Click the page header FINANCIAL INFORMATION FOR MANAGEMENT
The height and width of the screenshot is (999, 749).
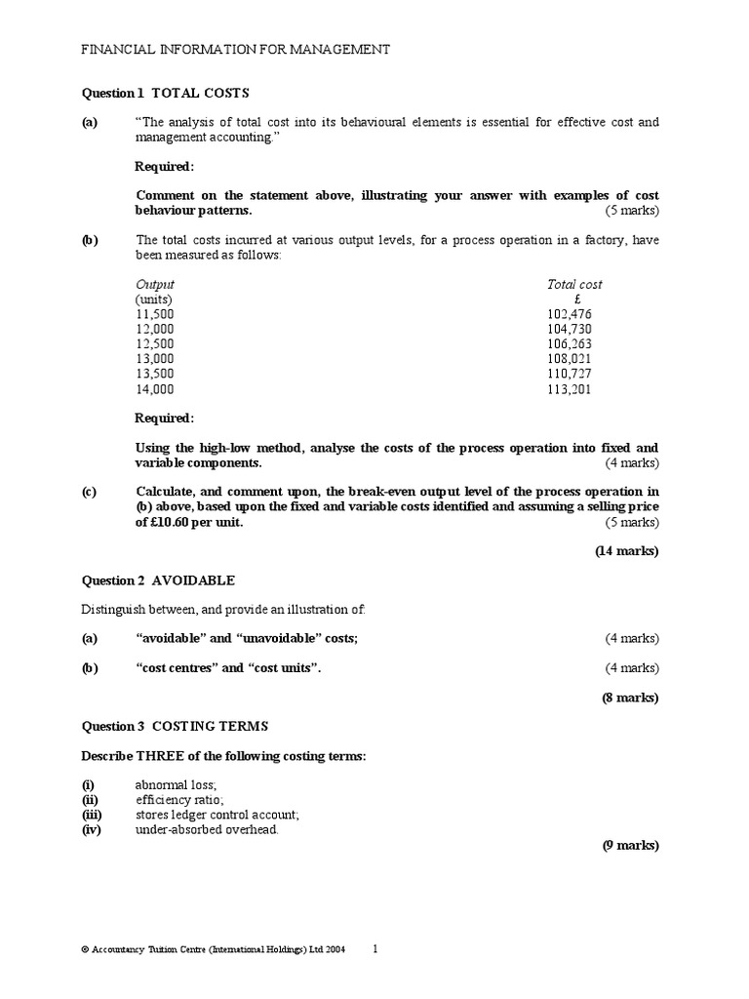[x=234, y=49]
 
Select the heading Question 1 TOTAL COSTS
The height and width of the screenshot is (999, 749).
[x=165, y=93]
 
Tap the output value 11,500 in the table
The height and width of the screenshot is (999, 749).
[x=155, y=314]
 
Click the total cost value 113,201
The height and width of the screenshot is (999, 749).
[x=571, y=388]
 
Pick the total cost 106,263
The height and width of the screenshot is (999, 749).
[x=571, y=343]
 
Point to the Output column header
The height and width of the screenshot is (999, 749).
[x=155, y=284]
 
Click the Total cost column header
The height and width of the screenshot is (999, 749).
[x=574, y=284]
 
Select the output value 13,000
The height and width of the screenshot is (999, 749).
[x=155, y=358]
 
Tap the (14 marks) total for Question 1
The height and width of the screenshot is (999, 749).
[x=627, y=551]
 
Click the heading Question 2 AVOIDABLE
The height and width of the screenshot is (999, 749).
[x=157, y=580]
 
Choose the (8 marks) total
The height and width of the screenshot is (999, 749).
[x=630, y=698]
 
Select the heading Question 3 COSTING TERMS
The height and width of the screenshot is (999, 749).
[x=173, y=727]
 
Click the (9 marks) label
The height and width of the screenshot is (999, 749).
[x=630, y=845]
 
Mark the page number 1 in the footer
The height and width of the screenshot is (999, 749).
[x=376, y=947]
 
